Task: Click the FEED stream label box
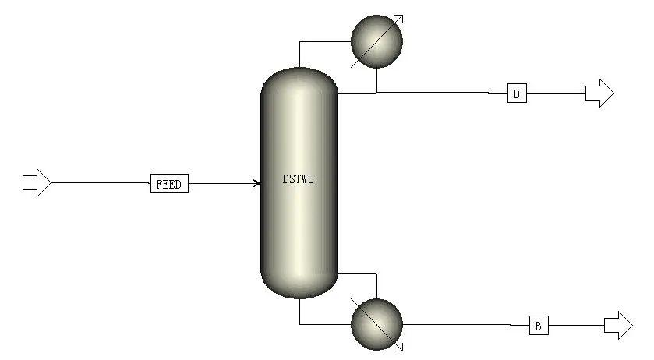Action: coord(169,185)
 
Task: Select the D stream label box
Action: coord(517,94)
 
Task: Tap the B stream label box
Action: coord(538,325)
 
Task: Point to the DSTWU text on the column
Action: coord(299,179)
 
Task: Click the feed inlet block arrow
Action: coord(36,183)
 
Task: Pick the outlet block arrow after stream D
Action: coord(599,94)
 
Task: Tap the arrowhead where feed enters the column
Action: coord(256,184)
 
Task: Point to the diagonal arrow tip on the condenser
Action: coord(401,16)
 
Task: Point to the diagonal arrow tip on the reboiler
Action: coord(401,348)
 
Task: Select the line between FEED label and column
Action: coord(222,184)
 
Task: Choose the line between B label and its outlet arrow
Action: coord(577,325)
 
